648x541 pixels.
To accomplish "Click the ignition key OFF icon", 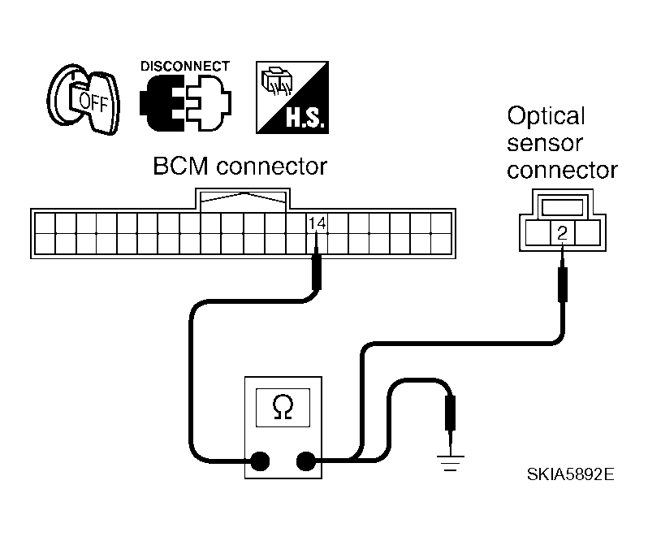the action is click(84, 99).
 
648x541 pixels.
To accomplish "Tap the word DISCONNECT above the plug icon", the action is click(184, 67).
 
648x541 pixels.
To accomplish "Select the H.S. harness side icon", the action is click(292, 97).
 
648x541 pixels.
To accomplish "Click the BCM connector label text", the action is click(240, 167).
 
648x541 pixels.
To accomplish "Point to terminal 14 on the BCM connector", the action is click(317, 223).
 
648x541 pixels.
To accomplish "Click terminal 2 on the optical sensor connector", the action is click(562, 233).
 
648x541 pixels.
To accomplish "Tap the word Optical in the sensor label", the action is click(546, 115).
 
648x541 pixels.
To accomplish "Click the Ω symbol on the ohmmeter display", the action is click(283, 408).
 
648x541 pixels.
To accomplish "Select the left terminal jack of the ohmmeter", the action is click(261, 461).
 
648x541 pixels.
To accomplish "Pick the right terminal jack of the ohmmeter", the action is click(306, 461).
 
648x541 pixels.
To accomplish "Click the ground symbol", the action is click(451, 463).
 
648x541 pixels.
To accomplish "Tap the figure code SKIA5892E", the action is click(570, 474).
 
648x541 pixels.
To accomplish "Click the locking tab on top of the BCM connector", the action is click(243, 200).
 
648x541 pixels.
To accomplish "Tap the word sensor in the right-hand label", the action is click(545, 144).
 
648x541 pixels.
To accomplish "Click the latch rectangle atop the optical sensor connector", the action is click(562, 207).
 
